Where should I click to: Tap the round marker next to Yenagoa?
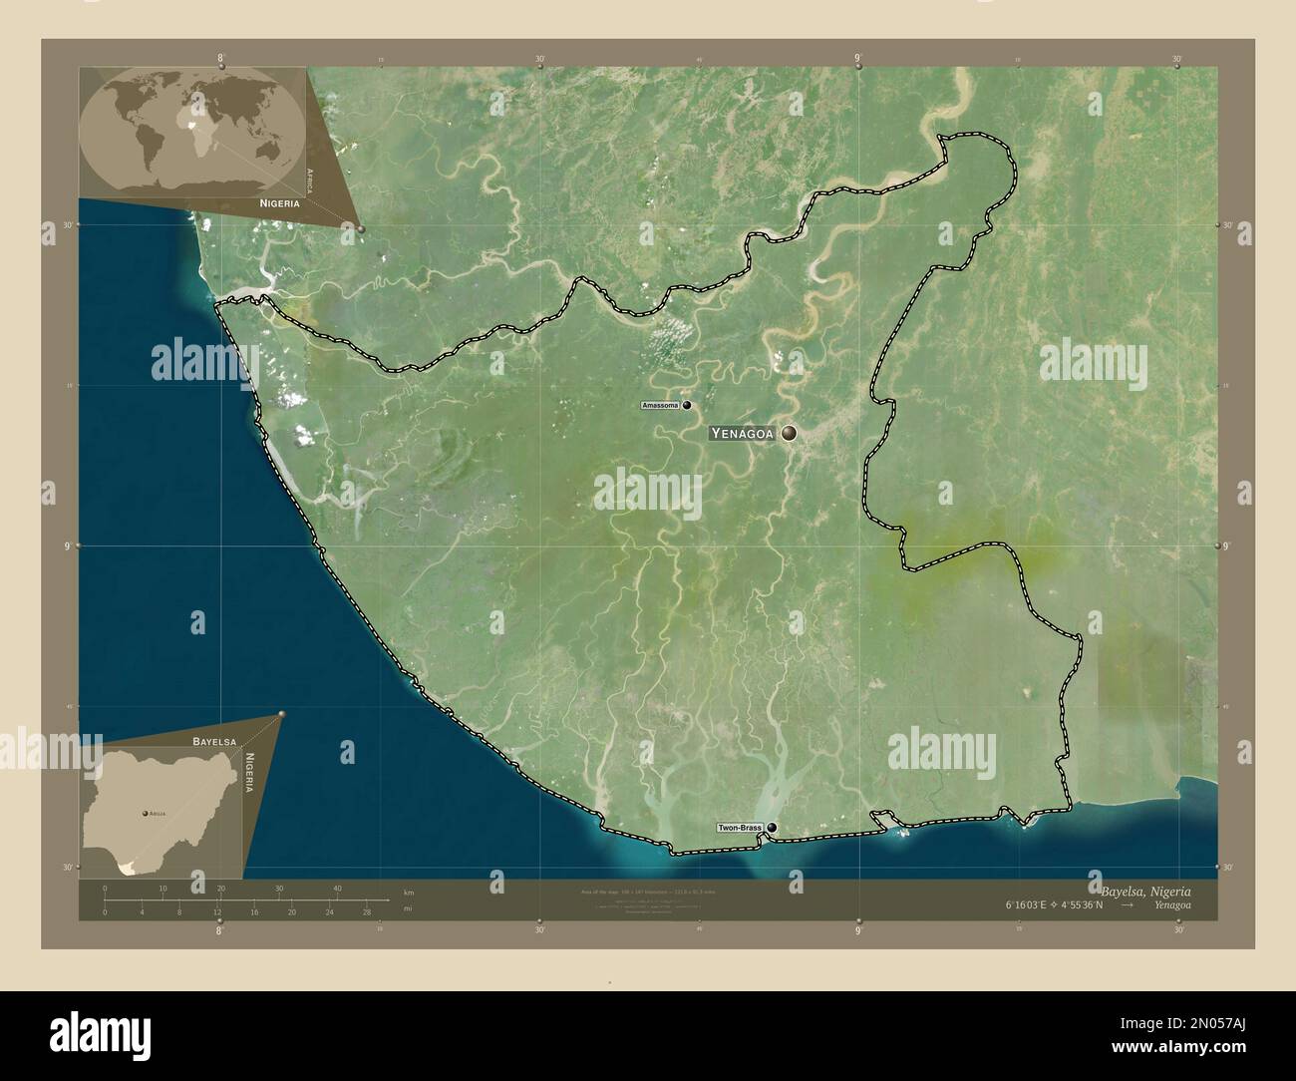(790, 433)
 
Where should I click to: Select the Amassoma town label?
(660, 406)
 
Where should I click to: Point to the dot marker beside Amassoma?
(686, 405)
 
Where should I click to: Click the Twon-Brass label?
(739, 829)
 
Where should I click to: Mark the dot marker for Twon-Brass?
(771, 828)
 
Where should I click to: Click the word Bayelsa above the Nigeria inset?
(214, 743)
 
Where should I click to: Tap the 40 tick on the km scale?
(338, 889)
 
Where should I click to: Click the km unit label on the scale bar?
(408, 891)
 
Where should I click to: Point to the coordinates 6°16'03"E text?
(1028, 905)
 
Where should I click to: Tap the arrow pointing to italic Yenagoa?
(1127, 905)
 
